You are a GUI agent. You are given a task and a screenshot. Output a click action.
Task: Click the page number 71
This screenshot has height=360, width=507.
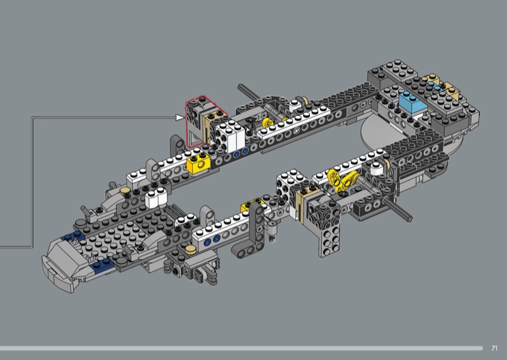point(494,348)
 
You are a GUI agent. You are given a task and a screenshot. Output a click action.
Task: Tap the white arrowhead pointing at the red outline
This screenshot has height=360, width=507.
point(179,117)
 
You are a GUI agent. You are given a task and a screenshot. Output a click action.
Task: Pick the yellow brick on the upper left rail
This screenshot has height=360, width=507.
point(198,164)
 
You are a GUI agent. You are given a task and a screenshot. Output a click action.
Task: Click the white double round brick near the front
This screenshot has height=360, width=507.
point(156,197)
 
